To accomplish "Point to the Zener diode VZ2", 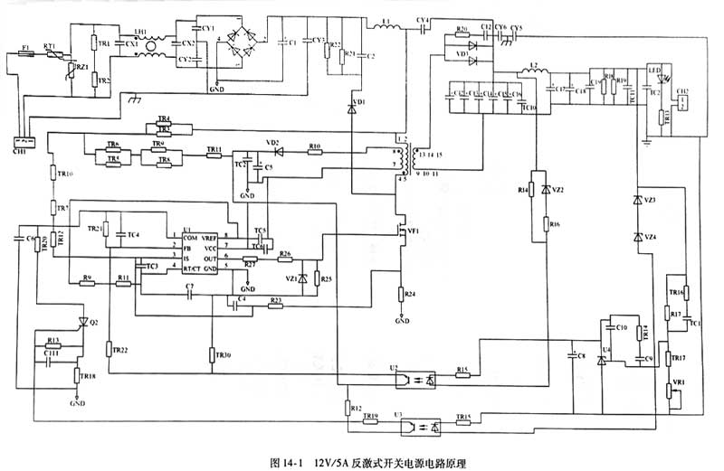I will click(x=546, y=191).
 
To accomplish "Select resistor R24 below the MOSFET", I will click(x=401, y=295).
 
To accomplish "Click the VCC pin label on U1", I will click(x=212, y=247).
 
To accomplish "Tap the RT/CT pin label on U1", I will click(x=192, y=268).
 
